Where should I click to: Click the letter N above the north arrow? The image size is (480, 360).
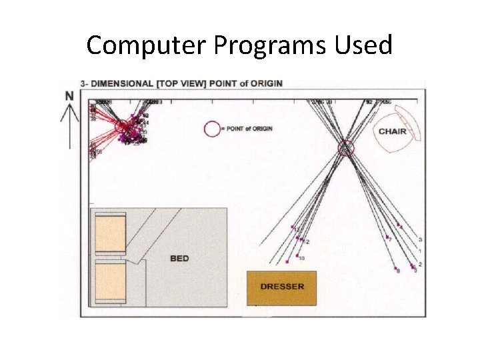coord(69,95)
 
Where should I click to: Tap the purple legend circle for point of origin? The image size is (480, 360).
coord(213,129)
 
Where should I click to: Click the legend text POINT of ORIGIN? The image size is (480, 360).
coord(250,129)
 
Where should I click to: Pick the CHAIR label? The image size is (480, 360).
coord(392,131)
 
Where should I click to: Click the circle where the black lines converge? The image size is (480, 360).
coord(345,147)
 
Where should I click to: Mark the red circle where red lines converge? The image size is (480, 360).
coord(123,127)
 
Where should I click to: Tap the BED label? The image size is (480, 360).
coord(179,258)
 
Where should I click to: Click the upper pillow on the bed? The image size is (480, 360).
coord(111,235)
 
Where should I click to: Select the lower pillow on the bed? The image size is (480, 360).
coord(111,283)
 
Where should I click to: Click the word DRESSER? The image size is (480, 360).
coord(282,287)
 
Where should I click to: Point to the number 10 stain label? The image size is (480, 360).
coord(302,258)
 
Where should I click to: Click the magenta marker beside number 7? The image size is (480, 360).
coord(387,237)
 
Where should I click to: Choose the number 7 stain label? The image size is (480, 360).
coord(391,240)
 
